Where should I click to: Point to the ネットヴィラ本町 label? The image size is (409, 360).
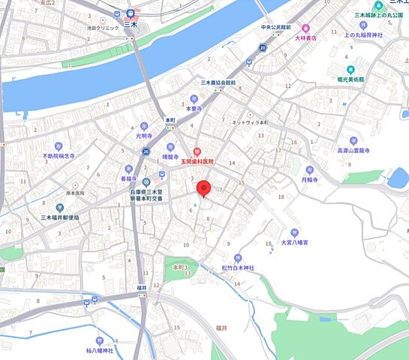(x=250, y=122)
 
